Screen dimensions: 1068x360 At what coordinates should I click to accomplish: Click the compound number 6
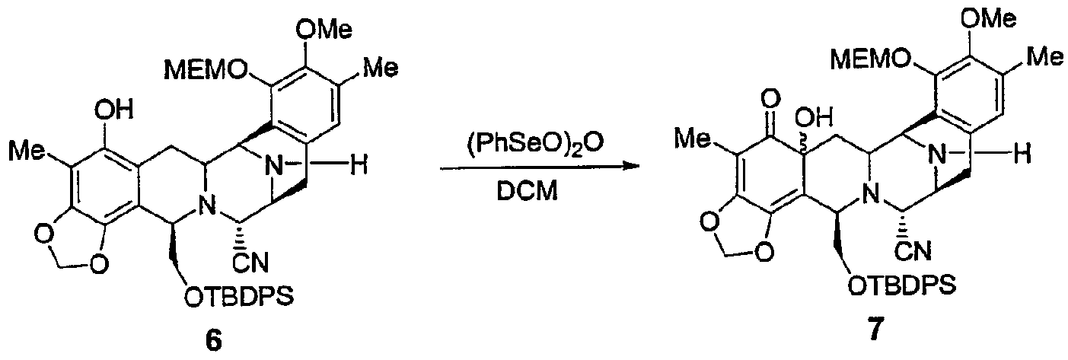click(215, 341)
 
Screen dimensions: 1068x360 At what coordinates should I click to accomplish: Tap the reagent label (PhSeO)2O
click(528, 143)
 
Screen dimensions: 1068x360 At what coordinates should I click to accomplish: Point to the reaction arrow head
click(632, 167)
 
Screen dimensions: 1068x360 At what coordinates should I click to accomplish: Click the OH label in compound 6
click(113, 111)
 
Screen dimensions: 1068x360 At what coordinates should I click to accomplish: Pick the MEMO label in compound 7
click(870, 61)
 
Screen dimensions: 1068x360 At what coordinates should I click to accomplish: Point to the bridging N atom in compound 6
click(274, 166)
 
